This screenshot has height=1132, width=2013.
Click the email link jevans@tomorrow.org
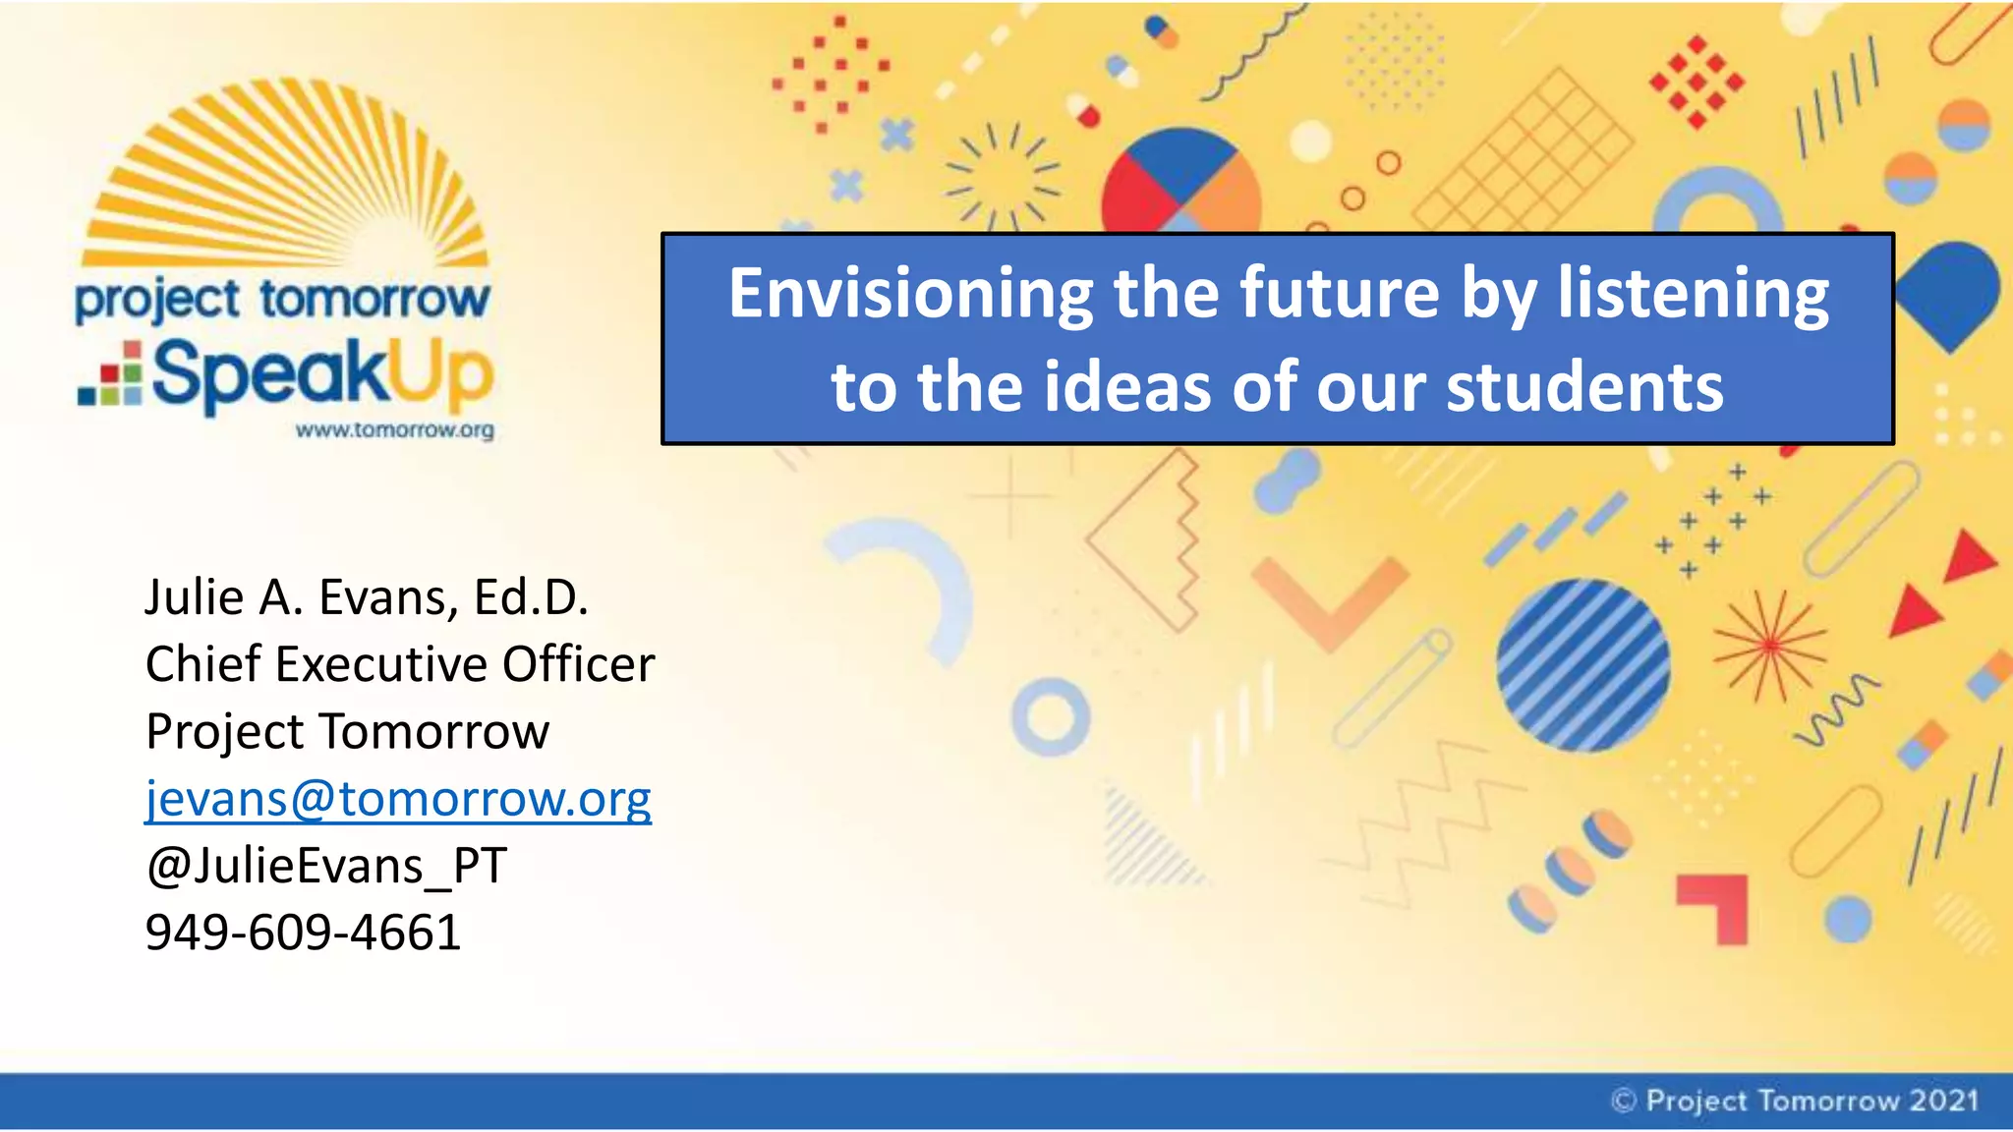398,799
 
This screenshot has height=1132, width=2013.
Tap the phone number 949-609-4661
303,932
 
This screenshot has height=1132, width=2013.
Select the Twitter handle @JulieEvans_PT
326,866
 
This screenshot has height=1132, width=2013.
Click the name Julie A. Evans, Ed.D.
367,597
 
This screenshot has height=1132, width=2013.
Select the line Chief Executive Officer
399,664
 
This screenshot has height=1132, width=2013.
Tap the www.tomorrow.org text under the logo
394,430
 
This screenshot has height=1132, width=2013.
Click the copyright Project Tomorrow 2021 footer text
1795,1101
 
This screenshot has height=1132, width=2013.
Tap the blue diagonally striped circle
1582,665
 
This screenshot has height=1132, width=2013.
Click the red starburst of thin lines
1769,646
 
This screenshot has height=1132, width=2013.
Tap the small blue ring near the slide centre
1051,716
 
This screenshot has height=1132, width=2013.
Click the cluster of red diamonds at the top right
1697,83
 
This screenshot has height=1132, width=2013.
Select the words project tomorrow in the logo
282,299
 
